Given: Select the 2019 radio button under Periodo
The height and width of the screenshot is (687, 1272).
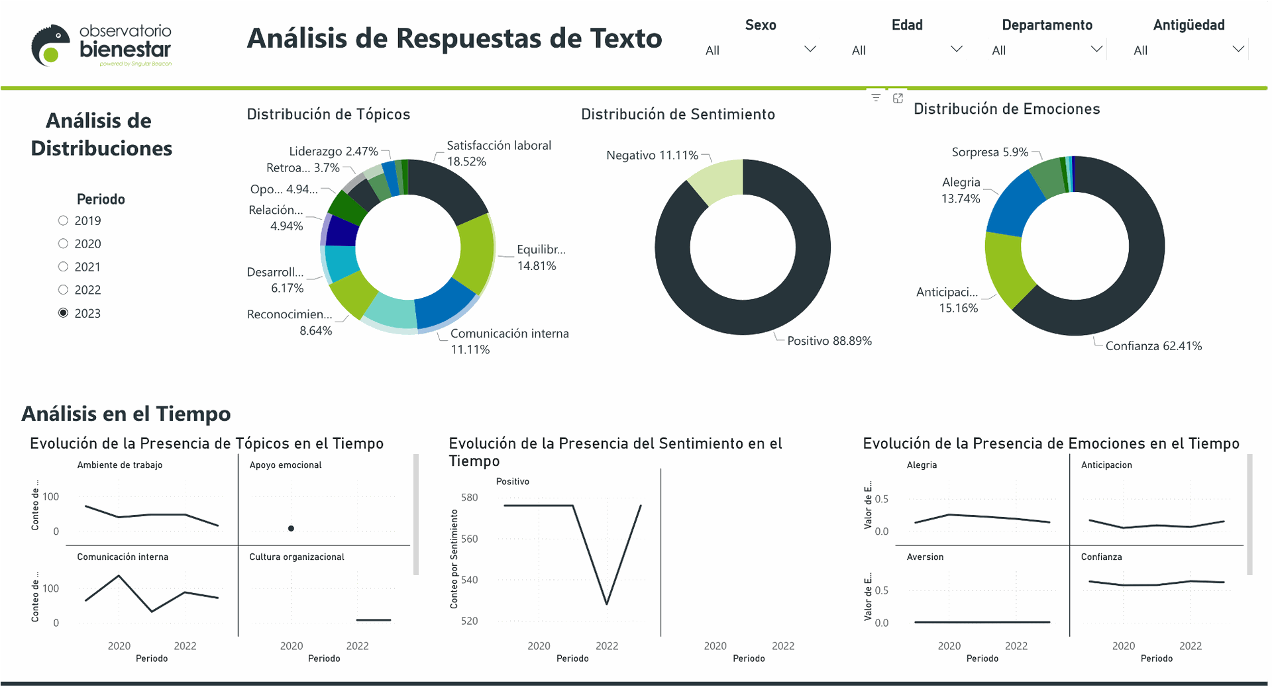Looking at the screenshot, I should [x=63, y=220].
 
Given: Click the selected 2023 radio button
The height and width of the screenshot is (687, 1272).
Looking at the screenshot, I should [x=63, y=313].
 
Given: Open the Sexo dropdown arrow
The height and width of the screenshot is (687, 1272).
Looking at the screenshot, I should [x=810, y=50].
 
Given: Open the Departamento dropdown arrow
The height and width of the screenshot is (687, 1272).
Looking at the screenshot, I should [x=1096, y=50].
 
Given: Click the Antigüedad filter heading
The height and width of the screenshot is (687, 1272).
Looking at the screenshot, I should [x=1189, y=25].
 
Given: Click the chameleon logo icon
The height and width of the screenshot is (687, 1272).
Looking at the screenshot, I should [x=50, y=45].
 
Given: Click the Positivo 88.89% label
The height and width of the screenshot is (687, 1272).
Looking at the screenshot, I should [x=829, y=341].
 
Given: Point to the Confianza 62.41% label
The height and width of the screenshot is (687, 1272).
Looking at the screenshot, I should [x=1153, y=345].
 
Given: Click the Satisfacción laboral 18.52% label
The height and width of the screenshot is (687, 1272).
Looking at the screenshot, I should [x=498, y=153].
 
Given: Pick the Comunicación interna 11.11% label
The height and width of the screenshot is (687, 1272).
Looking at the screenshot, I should [x=509, y=341].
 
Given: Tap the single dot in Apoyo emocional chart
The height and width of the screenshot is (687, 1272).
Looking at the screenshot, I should [x=291, y=528].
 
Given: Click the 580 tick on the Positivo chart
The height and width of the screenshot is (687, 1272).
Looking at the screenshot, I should [x=469, y=498].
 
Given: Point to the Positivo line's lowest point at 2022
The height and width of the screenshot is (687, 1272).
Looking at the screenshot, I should [x=607, y=604].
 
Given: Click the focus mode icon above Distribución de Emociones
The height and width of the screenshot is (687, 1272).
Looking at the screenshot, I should [x=898, y=98].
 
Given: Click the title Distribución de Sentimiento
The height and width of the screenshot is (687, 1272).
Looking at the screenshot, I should [x=678, y=114].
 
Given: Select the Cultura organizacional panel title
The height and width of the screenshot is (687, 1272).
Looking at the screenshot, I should [x=296, y=557].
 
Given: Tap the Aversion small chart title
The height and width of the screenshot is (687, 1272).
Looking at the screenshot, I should [x=925, y=557].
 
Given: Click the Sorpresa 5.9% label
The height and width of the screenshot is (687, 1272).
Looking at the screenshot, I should [x=990, y=152].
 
